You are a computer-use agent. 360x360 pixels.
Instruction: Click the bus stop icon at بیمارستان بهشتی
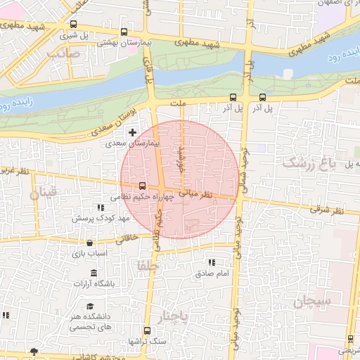click(124, 32)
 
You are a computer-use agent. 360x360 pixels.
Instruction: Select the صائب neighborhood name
click(61, 52)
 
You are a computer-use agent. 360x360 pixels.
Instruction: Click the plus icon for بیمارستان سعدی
click(132, 132)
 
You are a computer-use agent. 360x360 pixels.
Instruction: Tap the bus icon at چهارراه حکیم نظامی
click(143, 186)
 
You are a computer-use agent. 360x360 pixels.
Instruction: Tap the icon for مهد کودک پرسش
click(101, 208)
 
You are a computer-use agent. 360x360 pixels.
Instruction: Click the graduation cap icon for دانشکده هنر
click(91, 306)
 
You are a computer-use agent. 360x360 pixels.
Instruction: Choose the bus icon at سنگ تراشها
click(147, 330)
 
